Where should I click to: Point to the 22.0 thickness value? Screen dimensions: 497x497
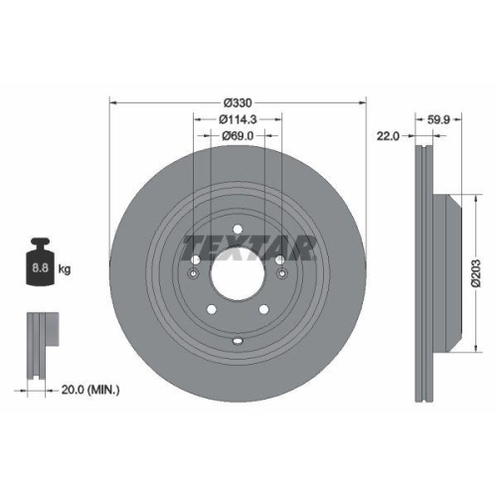coord(390,137)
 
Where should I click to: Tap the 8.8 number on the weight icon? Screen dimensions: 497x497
coord(43,268)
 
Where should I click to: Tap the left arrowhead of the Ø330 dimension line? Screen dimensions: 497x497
coord(111,102)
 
